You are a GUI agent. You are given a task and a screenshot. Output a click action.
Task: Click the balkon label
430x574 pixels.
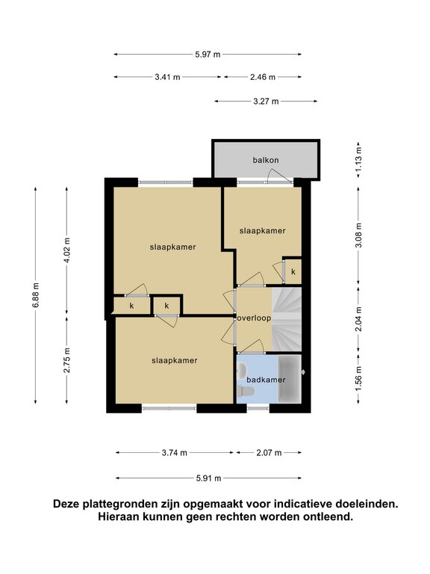266,161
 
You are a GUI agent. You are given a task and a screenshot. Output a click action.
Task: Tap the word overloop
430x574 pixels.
254,318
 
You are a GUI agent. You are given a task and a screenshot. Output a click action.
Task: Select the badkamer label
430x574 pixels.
266,380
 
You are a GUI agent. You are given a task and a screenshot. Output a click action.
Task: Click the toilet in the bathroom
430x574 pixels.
245,392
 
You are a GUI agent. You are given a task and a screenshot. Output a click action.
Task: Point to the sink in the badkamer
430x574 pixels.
242,371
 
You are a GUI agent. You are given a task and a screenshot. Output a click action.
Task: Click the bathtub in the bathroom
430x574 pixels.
290,379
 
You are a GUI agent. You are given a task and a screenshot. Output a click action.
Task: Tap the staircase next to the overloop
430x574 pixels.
287,319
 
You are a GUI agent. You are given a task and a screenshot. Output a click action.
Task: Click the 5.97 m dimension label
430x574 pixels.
208,55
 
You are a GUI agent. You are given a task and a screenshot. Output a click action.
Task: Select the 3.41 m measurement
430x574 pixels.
167,77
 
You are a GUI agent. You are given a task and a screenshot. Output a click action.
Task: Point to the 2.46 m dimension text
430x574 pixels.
263,77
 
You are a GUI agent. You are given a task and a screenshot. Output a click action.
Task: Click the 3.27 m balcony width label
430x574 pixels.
266,102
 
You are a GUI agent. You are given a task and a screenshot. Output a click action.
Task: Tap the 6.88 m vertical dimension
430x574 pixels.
36,295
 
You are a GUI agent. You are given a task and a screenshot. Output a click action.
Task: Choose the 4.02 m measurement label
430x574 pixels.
66,250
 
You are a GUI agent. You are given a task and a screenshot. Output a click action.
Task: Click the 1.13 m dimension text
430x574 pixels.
358,159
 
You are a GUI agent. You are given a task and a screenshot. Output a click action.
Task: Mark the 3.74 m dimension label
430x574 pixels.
175,453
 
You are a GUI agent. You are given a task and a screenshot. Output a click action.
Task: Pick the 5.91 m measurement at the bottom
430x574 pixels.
208,478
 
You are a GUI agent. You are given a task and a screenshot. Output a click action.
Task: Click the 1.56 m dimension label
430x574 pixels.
358,379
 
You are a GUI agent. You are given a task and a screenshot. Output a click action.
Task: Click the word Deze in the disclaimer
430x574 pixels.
67,504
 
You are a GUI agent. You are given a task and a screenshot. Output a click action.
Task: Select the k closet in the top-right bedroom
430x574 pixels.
293,271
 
